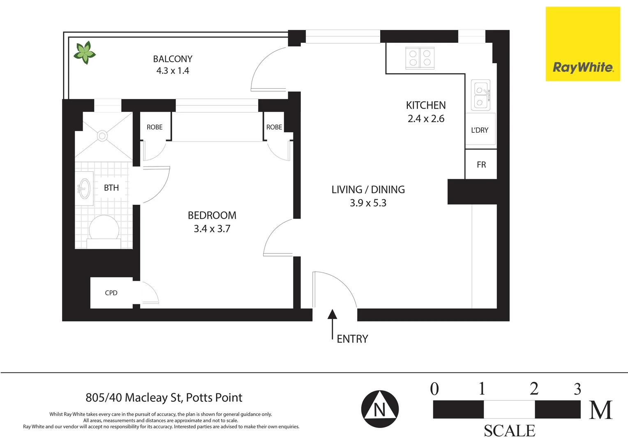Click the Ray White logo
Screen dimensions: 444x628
tap(582, 67)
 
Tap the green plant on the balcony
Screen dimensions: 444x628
tap(85, 53)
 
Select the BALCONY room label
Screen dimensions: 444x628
tap(173, 59)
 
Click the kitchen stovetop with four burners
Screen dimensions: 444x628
tap(420, 58)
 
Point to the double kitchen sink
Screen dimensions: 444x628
tap(480, 95)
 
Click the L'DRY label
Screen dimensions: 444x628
tap(480, 130)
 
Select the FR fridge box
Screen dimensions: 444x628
tap(481, 164)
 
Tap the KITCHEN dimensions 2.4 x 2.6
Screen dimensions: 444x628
tap(426, 119)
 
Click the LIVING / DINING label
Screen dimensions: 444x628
tap(368, 190)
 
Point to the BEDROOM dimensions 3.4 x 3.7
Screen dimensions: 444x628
tap(212, 229)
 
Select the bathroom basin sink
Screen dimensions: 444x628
tap(84, 189)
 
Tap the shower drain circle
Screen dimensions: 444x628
tap(102, 136)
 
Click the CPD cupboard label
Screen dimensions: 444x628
tap(111, 293)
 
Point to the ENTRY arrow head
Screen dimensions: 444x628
tap(332, 314)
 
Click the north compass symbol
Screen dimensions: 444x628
tap(380, 409)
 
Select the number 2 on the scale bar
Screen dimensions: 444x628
tap(534, 388)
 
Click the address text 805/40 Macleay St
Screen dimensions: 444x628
tap(164, 398)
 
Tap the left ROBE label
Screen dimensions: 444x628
tap(155, 127)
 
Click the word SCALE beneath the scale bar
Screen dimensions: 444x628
tap(509, 431)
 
